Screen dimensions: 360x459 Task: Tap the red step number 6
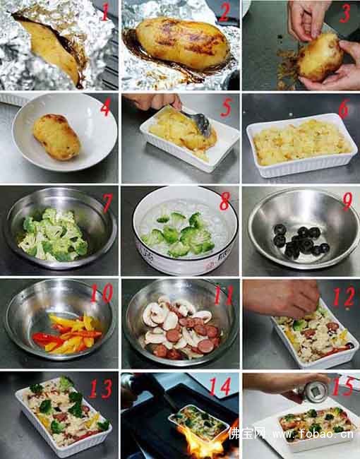[x=344, y=108]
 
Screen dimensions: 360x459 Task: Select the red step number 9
[x=347, y=201]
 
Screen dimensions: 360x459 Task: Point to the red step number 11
[x=224, y=294]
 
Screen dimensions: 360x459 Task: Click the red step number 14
[x=221, y=386]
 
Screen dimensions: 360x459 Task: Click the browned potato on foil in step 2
[x=182, y=43]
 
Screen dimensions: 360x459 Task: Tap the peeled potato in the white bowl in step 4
[x=56, y=137]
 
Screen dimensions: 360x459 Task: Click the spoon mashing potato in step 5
[x=199, y=121]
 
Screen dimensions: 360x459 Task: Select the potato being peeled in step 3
[x=320, y=58]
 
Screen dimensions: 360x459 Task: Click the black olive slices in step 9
[x=301, y=242]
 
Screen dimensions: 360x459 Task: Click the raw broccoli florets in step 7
[x=53, y=234]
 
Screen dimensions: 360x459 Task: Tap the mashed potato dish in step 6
[x=301, y=145]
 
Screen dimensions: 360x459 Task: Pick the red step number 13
[x=100, y=389]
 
